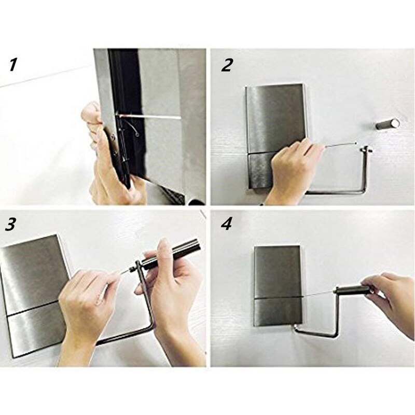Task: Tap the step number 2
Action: point(227,65)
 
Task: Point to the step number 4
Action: point(226,225)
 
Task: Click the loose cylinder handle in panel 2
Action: point(388,124)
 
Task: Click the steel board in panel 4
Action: point(278,286)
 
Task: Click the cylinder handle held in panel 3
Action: point(171,254)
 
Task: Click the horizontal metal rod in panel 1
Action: point(149,117)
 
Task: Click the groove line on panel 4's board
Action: point(278,297)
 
